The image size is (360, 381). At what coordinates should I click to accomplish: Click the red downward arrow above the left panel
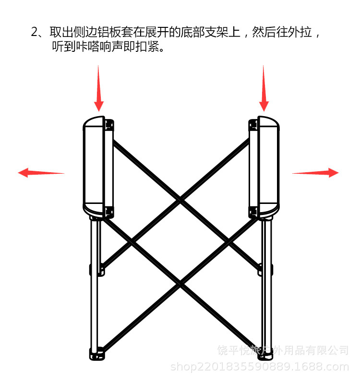click(x=98, y=89)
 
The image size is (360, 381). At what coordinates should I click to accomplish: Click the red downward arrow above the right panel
click(x=264, y=89)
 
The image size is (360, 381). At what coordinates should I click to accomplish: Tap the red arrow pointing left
click(x=41, y=173)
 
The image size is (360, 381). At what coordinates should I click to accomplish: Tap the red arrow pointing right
click(x=315, y=173)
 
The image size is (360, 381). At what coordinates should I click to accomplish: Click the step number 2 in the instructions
click(x=35, y=33)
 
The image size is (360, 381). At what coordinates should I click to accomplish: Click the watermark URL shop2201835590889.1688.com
click(x=260, y=368)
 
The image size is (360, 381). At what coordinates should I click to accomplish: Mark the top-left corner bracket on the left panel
click(x=108, y=124)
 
